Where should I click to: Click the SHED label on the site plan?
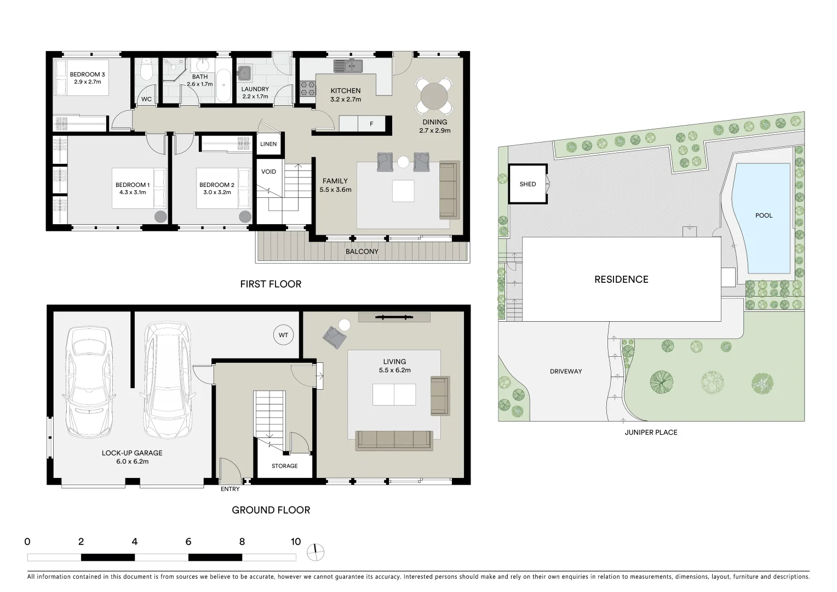(528, 184)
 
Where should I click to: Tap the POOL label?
(764, 215)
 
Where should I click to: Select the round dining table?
(434, 96)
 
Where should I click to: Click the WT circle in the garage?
(283, 335)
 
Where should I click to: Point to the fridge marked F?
(371, 124)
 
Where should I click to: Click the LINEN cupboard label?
(268, 144)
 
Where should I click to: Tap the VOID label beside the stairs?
(268, 172)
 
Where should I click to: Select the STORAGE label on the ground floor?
(285, 466)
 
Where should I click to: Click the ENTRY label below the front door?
(230, 489)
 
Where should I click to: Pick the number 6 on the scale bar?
(188, 542)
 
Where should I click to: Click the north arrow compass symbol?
(316, 553)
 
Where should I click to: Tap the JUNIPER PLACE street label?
(651, 432)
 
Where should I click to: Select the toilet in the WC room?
(146, 70)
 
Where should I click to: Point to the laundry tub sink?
(244, 72)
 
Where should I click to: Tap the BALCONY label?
(362, 252)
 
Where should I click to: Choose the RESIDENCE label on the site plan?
(621, 280)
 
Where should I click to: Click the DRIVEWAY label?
(566, 372)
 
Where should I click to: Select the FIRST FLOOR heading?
(271, 284)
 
